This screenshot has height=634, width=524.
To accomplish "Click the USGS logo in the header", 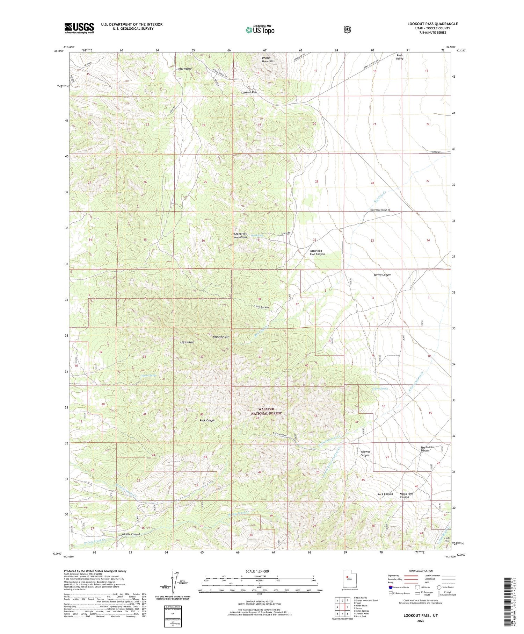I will [79, 28].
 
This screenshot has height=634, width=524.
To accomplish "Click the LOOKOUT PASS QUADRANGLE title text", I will [432, 24].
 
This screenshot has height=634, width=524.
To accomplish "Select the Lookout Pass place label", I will [249, 92].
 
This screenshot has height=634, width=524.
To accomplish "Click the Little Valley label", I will [184, 69].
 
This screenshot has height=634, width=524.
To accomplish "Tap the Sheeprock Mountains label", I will [240, 235].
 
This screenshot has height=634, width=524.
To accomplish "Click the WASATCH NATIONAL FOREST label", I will [266, 411].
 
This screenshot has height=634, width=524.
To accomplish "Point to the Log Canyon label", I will [187, 342].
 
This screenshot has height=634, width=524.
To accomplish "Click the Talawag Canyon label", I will [365, 453].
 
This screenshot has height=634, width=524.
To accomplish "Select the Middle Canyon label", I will [131, 534].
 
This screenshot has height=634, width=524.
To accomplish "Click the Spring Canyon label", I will [383, 275].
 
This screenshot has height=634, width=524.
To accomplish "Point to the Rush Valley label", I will [400, 57].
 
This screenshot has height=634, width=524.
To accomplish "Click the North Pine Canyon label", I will [406, 496].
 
